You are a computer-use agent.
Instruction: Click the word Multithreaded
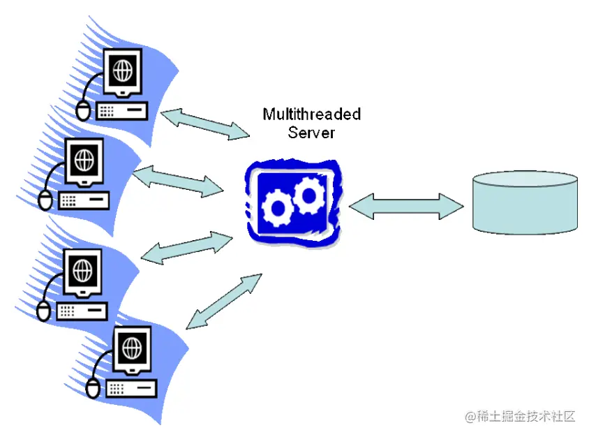tap(311, 114)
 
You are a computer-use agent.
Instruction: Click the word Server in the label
tap(311, 132)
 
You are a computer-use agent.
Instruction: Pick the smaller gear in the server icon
tap(279, 207)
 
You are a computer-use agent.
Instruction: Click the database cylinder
tap(525, 202)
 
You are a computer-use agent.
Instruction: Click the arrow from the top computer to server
tap(205, 123)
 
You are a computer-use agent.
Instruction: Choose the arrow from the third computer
tap(187, 248)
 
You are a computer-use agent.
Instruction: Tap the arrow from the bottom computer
tap(223, 301)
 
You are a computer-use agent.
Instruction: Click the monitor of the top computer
tap(123, 72)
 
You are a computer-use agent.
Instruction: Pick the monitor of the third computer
tap(83, 270)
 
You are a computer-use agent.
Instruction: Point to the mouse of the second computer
tap(45, 200)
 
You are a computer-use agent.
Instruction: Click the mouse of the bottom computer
tap(93, 387)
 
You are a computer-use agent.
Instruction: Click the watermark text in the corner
tap(520, 417)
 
